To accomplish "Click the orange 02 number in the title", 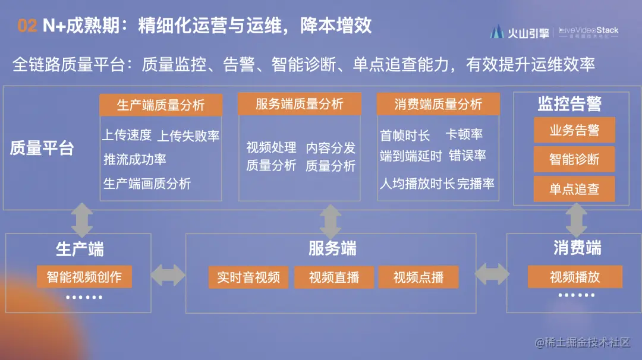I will click(x=27, y=26).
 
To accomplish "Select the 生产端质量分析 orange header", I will click(x=160, y=105).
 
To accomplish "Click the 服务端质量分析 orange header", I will click(x=300, y=104).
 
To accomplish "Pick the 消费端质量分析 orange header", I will click(x=438, y=104).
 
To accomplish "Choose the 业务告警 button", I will click(x=574, y=130).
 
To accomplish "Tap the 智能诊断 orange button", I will click(x=574, y=159).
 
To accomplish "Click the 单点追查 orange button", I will click(x=574, y=189).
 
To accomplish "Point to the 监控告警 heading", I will click(x=569, y=104).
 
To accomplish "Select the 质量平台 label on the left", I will click(x=42, y=149).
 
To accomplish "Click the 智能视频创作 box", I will click(x=84, y=277).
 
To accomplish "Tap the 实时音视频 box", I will click(x=248, y=277).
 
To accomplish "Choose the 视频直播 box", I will click(x=334, y=277).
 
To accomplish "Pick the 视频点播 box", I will click(x=418, y=277).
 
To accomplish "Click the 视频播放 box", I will click(x=575, y=277).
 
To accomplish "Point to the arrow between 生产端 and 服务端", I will click(x=168, y=274).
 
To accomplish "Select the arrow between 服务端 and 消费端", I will click(x=491, y=274).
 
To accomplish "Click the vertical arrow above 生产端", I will click(x=82, y=220).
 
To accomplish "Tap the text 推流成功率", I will click(x=135, y=159).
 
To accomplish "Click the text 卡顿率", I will click(x=464, y=135).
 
